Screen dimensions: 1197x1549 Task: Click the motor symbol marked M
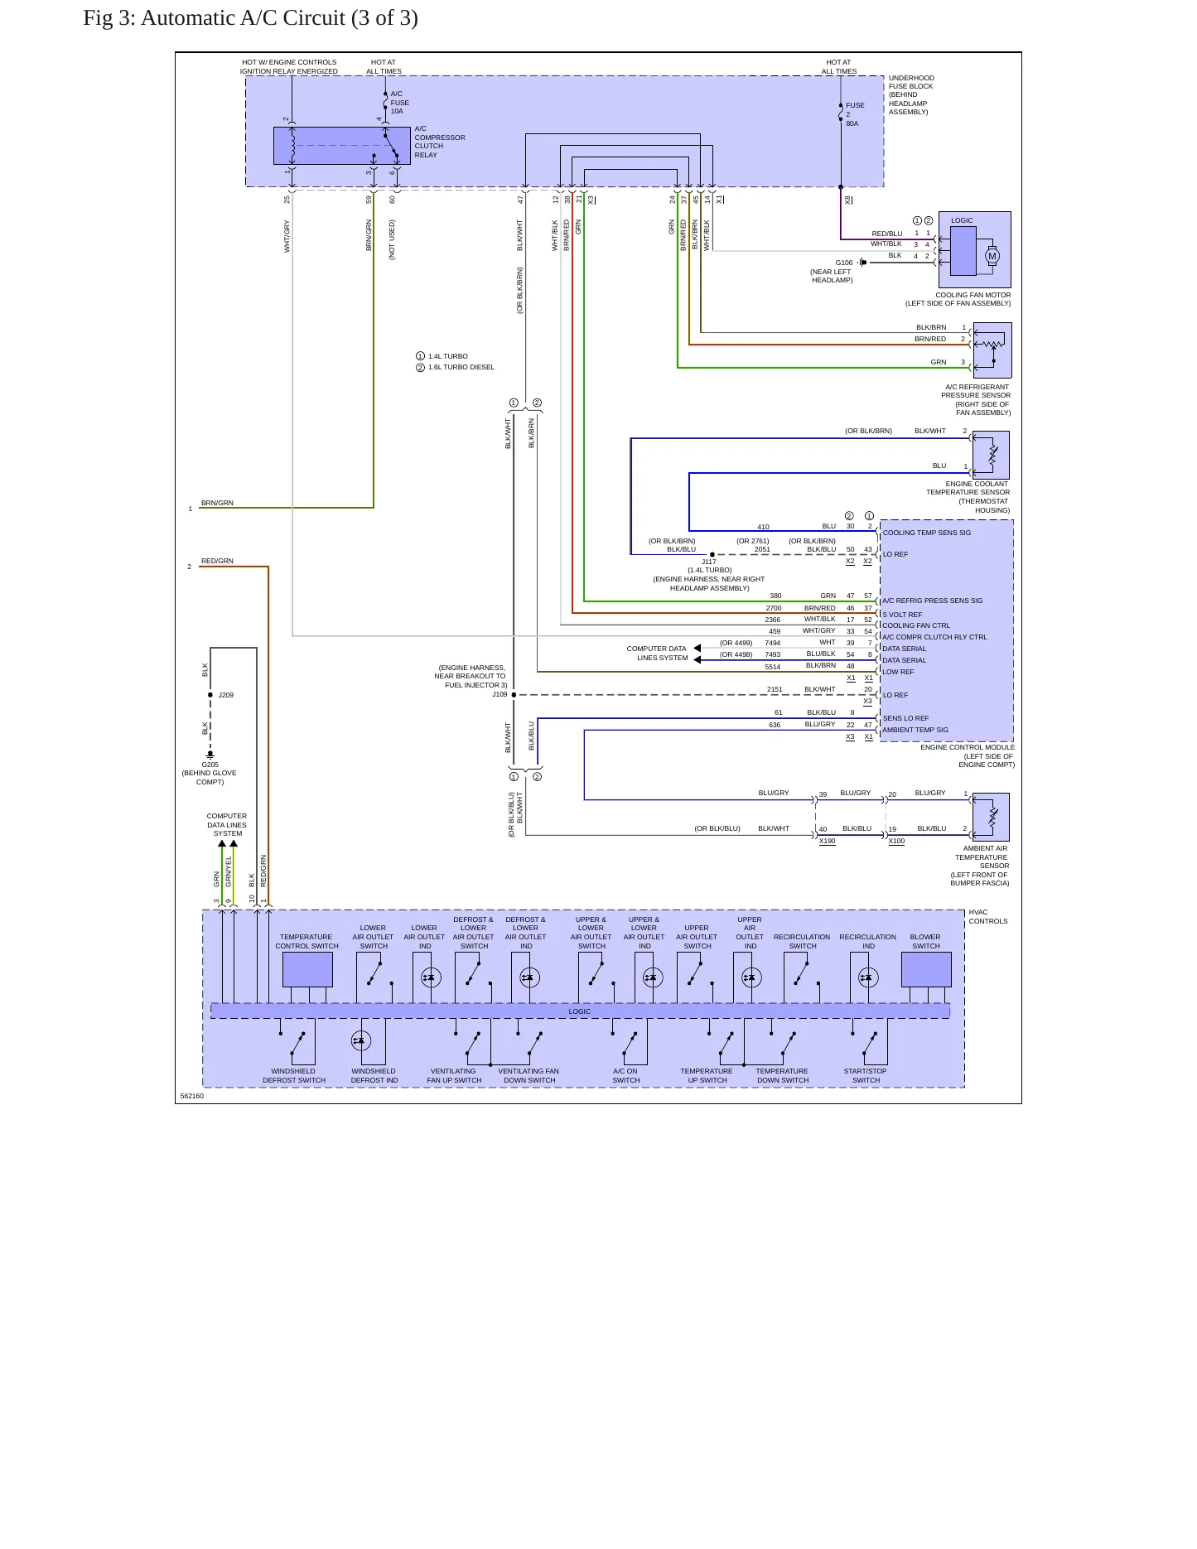[x=992, y=256]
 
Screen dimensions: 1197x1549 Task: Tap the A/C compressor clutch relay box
[x=341, y=146]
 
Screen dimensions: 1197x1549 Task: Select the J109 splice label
[x=500, y=695]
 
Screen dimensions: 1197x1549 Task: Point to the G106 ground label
[x=843, y=263]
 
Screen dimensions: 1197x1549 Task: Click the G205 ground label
[x=210, y=765]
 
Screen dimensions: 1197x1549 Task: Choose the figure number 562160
[x=192, y=1096]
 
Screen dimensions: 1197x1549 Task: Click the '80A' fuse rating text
[x=852, y=123]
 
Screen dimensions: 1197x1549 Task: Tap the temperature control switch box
[x=307, y=969]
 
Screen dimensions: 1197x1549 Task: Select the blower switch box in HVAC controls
[x=926, y=969]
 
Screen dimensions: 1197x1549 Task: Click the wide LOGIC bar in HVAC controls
[x=580, y=1011]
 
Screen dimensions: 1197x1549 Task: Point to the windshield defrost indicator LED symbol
[x=360, y=1040]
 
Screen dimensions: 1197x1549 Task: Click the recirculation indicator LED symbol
[x=867, y=977]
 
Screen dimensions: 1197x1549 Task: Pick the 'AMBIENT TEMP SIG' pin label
[x=915, y=730]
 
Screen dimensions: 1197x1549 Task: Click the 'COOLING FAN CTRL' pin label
[x=916, y=625]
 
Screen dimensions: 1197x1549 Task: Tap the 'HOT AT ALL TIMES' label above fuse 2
[x=839, y=66]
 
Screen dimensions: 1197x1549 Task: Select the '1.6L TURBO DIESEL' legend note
[x=461, y=367]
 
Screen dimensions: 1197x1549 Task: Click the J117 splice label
[x=709, y=562]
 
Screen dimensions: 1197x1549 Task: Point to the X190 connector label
[x=828, y=841]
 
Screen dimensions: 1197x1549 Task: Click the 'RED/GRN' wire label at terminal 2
[x=217, y=561]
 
